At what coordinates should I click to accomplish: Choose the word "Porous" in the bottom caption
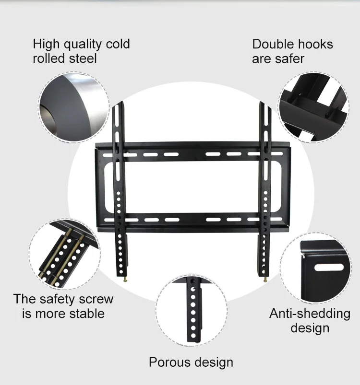click(169, 362)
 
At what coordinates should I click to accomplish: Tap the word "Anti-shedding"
click(310, 314)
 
